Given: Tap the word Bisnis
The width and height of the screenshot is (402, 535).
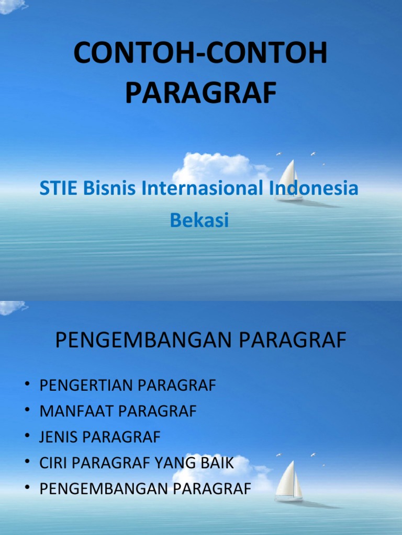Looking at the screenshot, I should pyautogui.click(x=106, y=189).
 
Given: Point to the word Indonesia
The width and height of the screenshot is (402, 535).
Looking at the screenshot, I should pyautogui.click(x=314, y=189).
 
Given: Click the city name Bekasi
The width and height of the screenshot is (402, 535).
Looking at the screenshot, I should pyautogui.click(x=199, y=220).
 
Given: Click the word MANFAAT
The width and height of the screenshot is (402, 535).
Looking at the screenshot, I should pyautogui.click(x=77, y=412).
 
